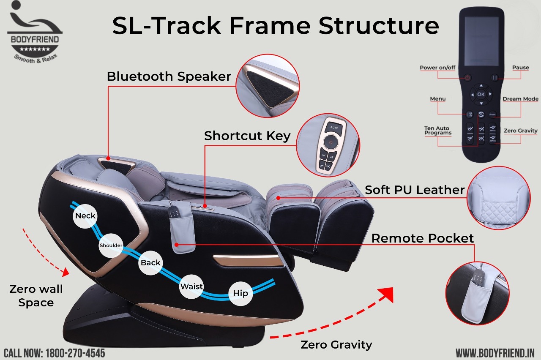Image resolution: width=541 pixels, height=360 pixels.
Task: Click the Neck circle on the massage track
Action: [85, 216]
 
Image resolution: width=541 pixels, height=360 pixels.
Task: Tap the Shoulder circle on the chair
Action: [111, 245]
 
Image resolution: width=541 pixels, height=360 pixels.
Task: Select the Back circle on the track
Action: [150, 262]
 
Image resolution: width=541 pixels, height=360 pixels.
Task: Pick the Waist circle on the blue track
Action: [192, 286]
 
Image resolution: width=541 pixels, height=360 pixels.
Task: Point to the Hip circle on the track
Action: [240, 293]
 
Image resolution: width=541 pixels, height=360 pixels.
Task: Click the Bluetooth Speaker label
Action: [169, 76]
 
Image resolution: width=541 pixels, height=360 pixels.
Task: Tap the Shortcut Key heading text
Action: [247, 136]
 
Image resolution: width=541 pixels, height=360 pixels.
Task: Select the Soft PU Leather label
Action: [415, 190]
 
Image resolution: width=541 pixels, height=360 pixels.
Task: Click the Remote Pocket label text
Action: [423, 238]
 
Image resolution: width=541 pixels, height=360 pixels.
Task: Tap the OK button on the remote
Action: [481, 94]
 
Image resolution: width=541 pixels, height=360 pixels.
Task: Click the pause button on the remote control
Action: [495, 78]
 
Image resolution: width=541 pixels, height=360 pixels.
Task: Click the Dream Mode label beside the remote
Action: [520, 99]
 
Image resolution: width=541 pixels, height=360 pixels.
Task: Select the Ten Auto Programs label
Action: [438, 131]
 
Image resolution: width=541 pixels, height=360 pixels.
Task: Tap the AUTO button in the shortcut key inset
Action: [334, 127]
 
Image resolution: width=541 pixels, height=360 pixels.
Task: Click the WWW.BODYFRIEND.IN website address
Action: [495, 352]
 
